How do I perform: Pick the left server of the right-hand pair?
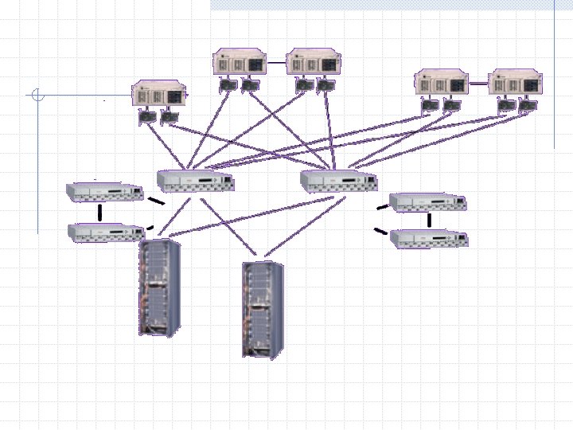coord(441,83)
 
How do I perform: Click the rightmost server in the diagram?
coord(515,83)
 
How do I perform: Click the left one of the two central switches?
coord(195,182)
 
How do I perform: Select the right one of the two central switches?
coord(338,182)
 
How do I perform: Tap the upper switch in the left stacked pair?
coord(103,192)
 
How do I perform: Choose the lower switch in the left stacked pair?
coord(106,232)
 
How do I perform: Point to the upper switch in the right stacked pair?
coord(427,201)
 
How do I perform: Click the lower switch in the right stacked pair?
coord(429,238)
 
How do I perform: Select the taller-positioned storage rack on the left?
coord(159,287)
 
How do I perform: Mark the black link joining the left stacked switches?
coord(100,212)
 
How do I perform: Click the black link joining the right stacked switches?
coord(430,220)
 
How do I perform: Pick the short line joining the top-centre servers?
coord(277,61)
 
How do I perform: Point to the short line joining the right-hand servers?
coord(478,82)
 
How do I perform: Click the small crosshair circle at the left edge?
coord(36,96)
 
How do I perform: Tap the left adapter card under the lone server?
coord(148,118)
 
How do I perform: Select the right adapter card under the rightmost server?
coord(526,106)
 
